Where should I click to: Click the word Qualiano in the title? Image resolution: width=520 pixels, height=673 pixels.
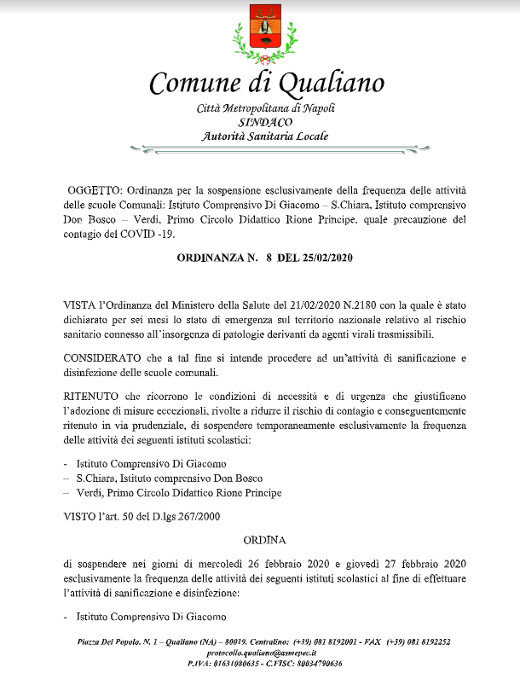click(329, 84)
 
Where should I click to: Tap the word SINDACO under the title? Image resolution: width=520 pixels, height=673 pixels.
click(264, 121)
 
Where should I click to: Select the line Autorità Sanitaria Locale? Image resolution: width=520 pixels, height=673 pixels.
click(264, 136)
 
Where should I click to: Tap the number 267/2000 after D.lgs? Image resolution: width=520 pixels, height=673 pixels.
click(201, 517)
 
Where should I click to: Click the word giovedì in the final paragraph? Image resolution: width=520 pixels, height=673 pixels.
click(366, 565)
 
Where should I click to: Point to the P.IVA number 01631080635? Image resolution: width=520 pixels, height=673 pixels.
click(236, 663)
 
